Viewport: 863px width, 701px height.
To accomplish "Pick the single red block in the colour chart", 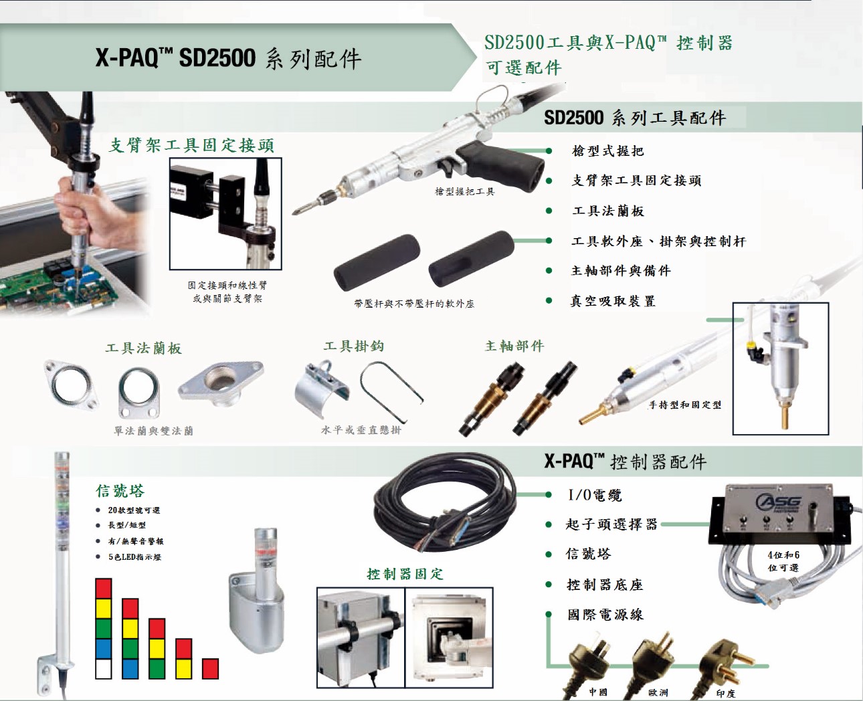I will [210, 669].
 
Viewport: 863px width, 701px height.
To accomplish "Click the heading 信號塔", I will [120, 491].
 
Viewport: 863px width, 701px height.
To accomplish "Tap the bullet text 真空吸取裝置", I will [612, 302].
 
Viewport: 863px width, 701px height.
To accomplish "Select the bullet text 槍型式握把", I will [607, 151].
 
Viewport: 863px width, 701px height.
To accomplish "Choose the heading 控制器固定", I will [405, 574].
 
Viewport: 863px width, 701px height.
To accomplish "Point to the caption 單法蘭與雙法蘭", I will [154, 431].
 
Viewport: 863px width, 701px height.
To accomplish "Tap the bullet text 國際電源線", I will [605, 615].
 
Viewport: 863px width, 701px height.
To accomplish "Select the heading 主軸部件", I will [514, 346].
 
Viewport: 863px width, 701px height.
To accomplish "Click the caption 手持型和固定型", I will [685, 405].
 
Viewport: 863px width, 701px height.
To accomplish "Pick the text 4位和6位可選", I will [783, 561].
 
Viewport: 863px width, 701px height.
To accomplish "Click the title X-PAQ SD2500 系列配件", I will [228, 59].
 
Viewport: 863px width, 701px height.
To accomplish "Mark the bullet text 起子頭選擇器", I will [611, 524].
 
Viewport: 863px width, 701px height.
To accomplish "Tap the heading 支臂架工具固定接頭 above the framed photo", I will [191, 145].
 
